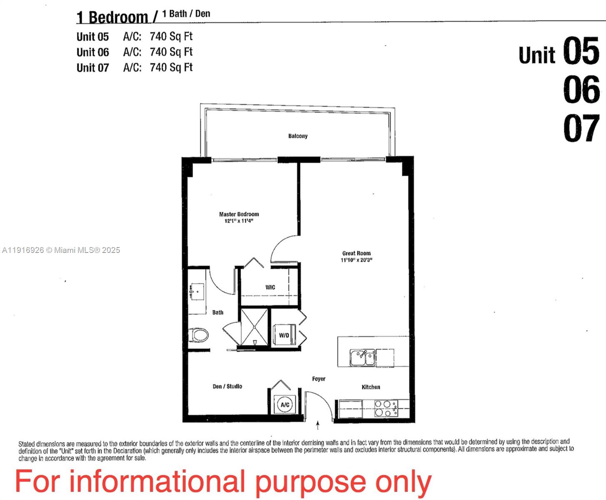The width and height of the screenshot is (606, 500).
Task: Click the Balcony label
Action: click(298, 136)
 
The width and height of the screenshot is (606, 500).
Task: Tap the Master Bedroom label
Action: click(239, 214)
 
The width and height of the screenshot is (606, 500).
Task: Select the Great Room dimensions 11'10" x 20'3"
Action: click(357, 260)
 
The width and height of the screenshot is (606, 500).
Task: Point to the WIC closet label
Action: click(270, 287)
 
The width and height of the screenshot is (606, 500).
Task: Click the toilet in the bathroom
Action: click(198, 335)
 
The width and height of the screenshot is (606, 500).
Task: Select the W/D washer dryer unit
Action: click(284, 335)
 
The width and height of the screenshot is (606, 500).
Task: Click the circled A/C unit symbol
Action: click(285, 405)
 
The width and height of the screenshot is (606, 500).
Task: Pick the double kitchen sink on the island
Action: click(362, 357)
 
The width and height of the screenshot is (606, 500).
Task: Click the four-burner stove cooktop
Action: click(386, 408)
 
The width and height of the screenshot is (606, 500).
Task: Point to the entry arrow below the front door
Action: click(318, 425)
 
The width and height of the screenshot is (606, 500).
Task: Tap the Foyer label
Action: click(319, 379)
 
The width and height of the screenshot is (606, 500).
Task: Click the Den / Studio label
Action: click(227, 386)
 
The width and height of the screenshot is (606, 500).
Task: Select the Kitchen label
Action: click(371, 387)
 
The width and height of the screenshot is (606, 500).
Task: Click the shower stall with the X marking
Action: click(254, 327)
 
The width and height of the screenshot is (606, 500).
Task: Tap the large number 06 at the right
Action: click(581, 89)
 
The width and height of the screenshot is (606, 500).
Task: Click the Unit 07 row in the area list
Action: click(135, 67)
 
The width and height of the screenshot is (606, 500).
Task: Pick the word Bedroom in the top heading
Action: click(118, 17)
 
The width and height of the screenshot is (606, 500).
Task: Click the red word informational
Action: click(157, 481)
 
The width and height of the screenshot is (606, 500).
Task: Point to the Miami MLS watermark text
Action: click(61, 250)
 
